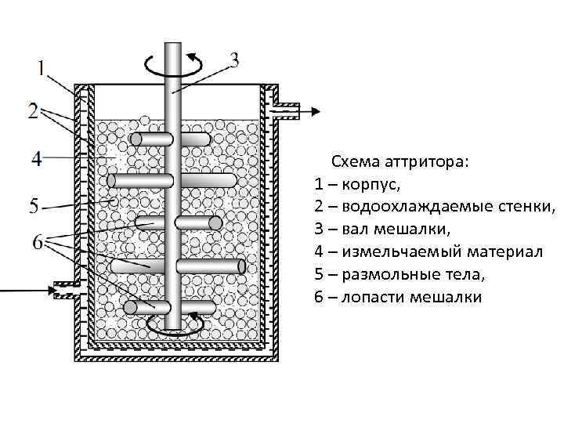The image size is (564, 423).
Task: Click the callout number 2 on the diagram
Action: coord(33,112)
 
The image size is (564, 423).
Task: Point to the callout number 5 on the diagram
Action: coord(34,207)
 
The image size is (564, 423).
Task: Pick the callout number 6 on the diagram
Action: coord(36,243)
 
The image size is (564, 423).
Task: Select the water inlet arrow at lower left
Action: coord(23,291)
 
